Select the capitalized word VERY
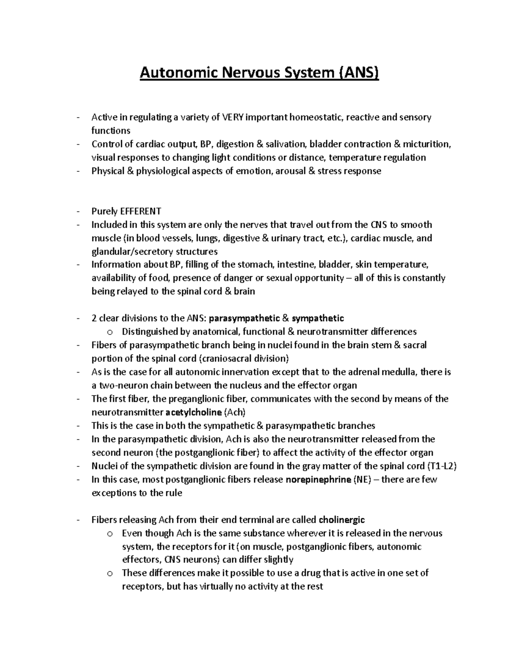point(233,117)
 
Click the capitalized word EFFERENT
point(141,211)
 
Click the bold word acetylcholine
point(194,412)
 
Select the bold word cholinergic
point(342,520)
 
